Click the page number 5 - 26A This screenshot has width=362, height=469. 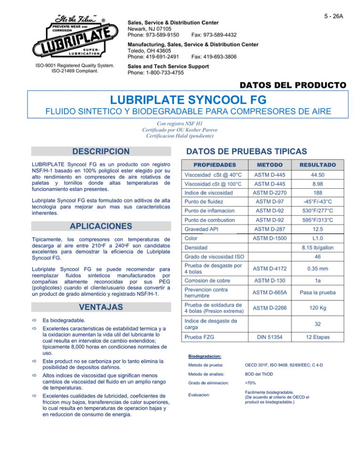pyautogui.click(x=334, y=16)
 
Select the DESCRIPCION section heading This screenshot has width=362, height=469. pyautogui.click(x=99, y=151)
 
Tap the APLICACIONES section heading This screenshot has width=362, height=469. pyautogui.click(x=99, y=226)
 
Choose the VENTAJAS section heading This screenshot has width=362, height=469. pyautogui.click(x=99, y=308)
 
